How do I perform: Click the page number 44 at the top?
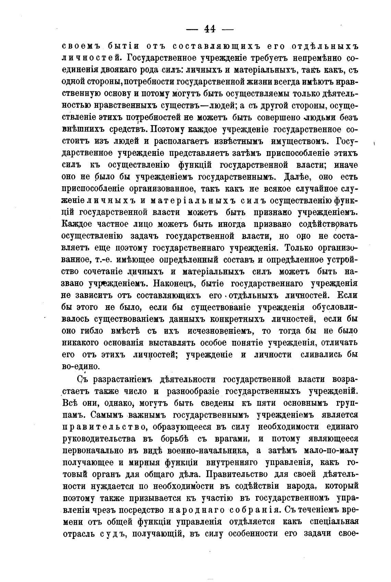coord(210,29)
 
